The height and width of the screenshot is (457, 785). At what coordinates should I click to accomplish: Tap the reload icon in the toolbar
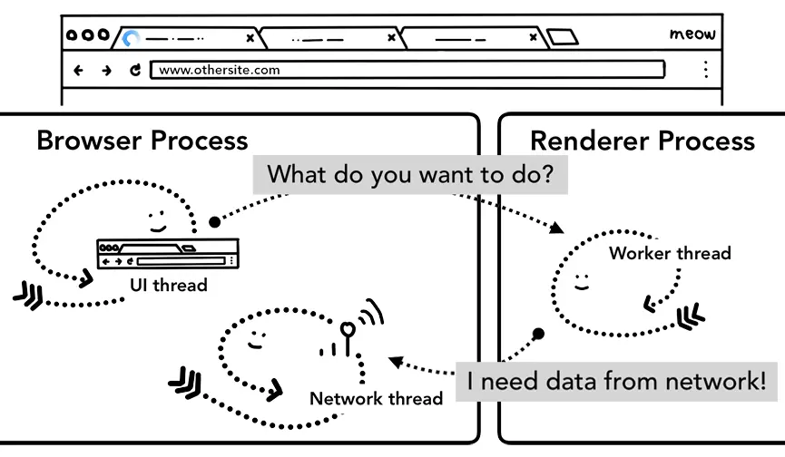click(x=135, y=70)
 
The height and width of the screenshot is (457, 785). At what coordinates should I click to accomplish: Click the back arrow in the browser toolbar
click(x=78, y=70)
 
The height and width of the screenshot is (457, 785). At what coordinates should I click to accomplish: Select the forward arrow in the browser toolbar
click(x=106, y=70)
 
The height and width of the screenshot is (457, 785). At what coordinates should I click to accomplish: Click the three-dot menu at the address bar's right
click(x=705, y=70)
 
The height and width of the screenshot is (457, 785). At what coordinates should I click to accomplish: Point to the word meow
click(x=692, y=34)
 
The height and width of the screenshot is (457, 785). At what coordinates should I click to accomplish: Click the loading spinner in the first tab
click(x=132, y=39)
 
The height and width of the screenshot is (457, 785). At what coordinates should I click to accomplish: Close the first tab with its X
click(x=250, y=38)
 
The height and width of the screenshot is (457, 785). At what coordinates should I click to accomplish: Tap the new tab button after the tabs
click(x=563, y=38)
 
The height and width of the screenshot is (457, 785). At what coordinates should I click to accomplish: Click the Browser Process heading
click(x=142, y=141)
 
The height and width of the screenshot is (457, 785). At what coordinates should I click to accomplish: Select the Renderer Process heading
click(x=642, y=141)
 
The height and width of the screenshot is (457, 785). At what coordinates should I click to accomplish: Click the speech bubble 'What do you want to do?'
click(x=410, y=174)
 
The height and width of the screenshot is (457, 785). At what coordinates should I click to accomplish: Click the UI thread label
click(x=168, y=286)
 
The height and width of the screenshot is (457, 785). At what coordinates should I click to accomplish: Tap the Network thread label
click(x=376, y=398)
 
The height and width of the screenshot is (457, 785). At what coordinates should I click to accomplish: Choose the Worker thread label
click(x=670, y=253)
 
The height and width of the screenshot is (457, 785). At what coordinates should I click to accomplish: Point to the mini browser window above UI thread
click(x=168, y=254)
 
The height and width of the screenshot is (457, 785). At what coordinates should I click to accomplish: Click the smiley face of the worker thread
click(x=582, y=280)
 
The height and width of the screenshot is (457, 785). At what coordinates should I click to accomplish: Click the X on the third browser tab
click(x=533, y=38)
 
